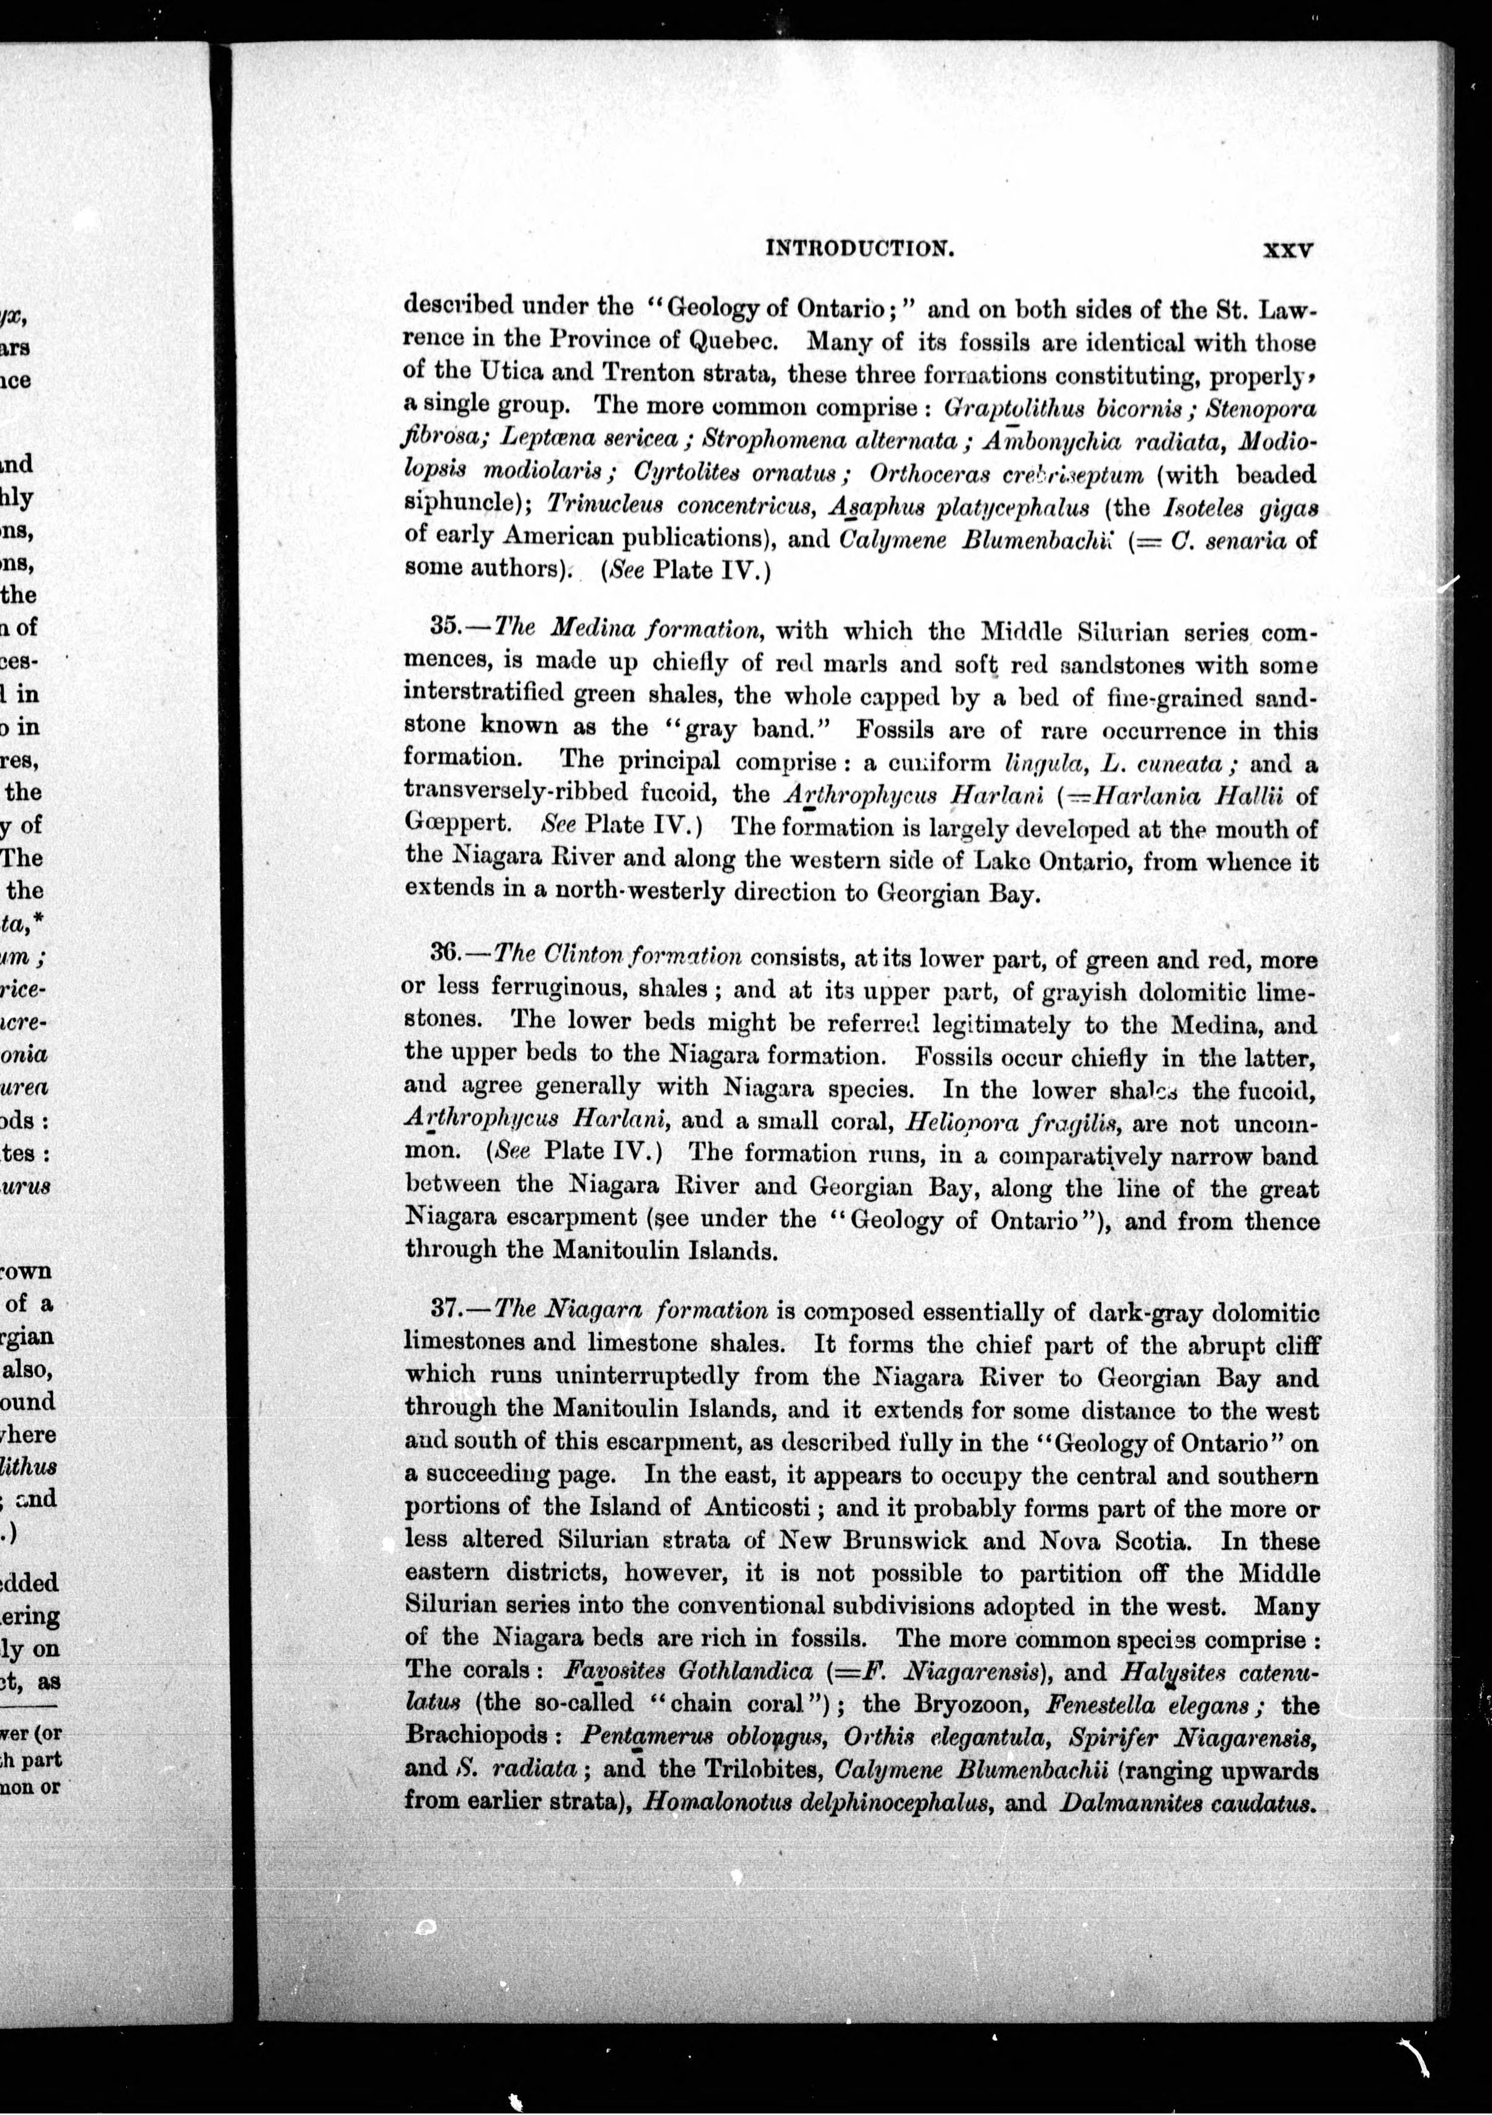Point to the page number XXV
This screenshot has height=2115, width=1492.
click(1287, 250)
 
